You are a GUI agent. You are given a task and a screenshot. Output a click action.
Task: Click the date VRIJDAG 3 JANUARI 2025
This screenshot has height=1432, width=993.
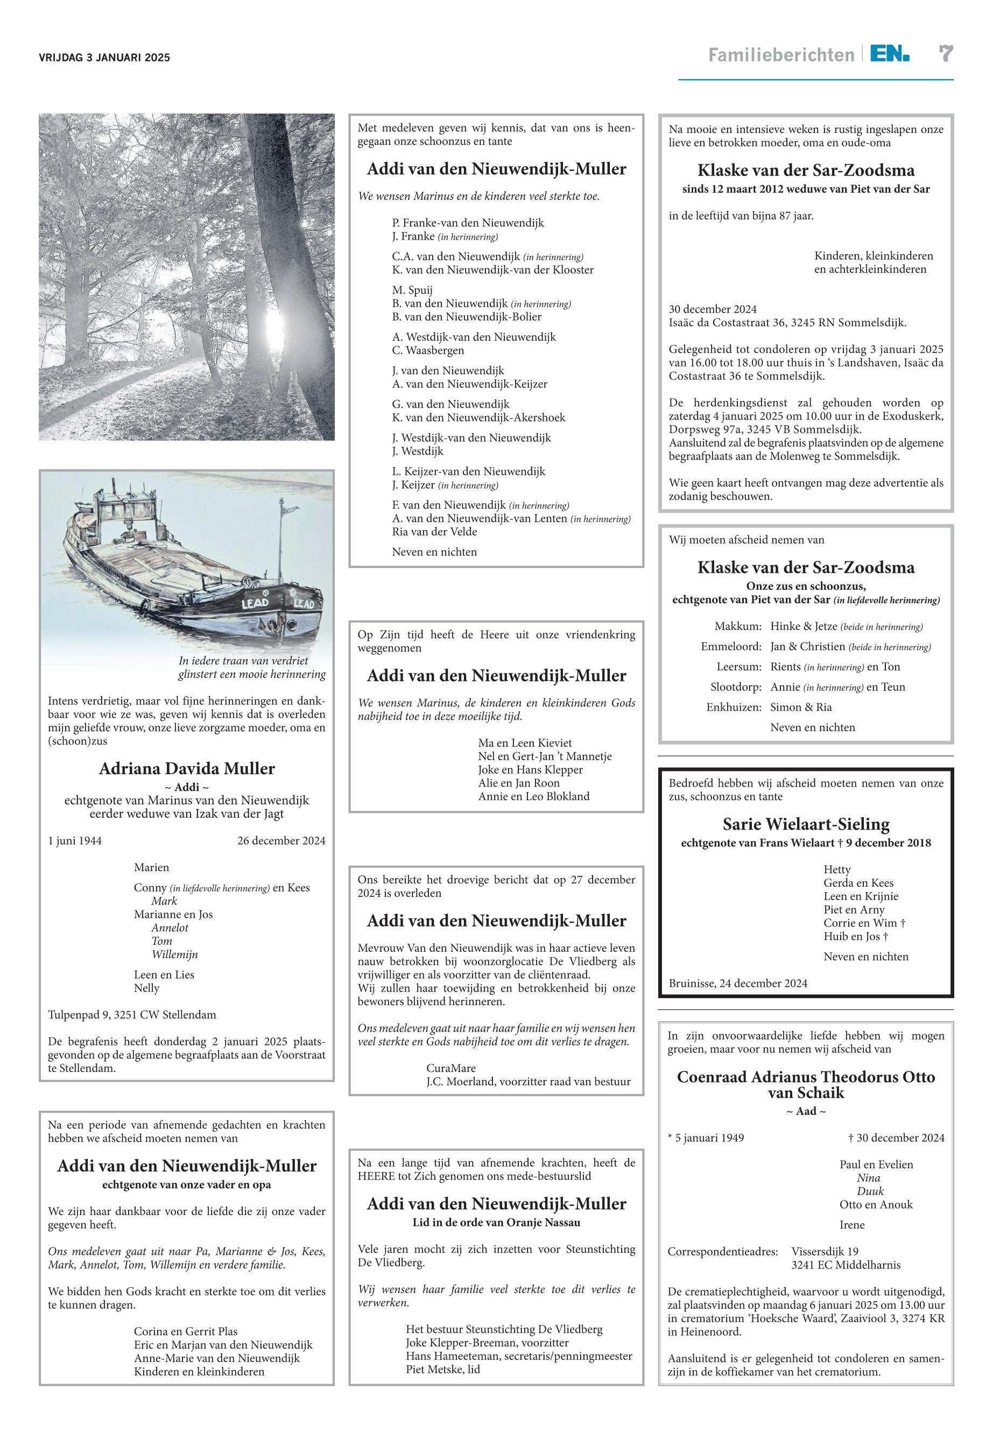[x=104, y=58]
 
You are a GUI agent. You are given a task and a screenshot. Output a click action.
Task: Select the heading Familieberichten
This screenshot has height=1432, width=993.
[x=781, y=55]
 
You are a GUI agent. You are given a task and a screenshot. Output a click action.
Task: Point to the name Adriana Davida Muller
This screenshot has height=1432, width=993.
[x=187, y=769]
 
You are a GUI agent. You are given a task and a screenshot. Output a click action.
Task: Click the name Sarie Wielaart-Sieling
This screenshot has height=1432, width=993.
[x=806, y=824]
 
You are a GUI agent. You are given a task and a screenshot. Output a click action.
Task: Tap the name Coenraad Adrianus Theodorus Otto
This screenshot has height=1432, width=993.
[x=806, y=1077]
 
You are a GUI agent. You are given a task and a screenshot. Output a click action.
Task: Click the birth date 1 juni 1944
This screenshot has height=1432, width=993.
[x=75, y=841]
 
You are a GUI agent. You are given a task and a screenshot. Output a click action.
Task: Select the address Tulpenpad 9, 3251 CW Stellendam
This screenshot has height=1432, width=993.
[x=132, y=1014]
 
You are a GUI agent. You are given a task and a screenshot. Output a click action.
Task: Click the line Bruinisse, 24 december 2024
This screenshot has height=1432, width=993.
[x=738, y=984]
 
